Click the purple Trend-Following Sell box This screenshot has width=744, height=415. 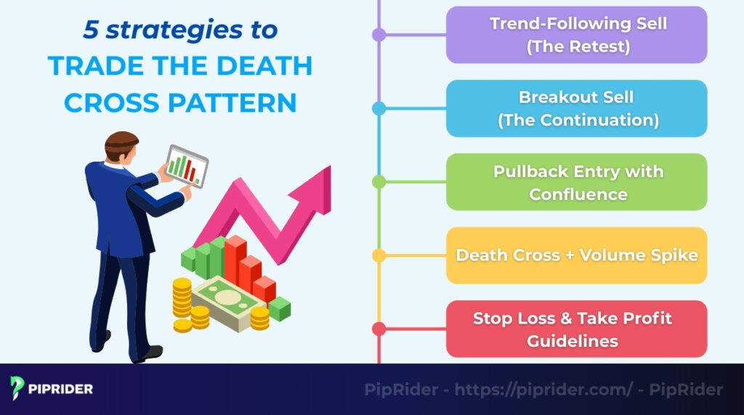pos(576,35)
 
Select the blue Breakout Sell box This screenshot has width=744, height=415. pos(576,109)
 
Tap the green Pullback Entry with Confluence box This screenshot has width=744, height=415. pos(576,182)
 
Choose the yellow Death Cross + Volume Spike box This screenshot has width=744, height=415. pos(576,255)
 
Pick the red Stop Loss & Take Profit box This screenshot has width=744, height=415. pos(576,329)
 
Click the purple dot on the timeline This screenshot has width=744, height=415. pos(379,35)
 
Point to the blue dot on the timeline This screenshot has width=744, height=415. pos(379,109)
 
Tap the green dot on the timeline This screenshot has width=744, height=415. pos(379,182)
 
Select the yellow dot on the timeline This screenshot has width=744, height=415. pos(379,255)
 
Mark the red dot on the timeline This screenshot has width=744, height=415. pos(379,329)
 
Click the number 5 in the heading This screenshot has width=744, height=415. pos(91,30)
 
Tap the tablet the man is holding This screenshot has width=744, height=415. pos(186,165)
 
